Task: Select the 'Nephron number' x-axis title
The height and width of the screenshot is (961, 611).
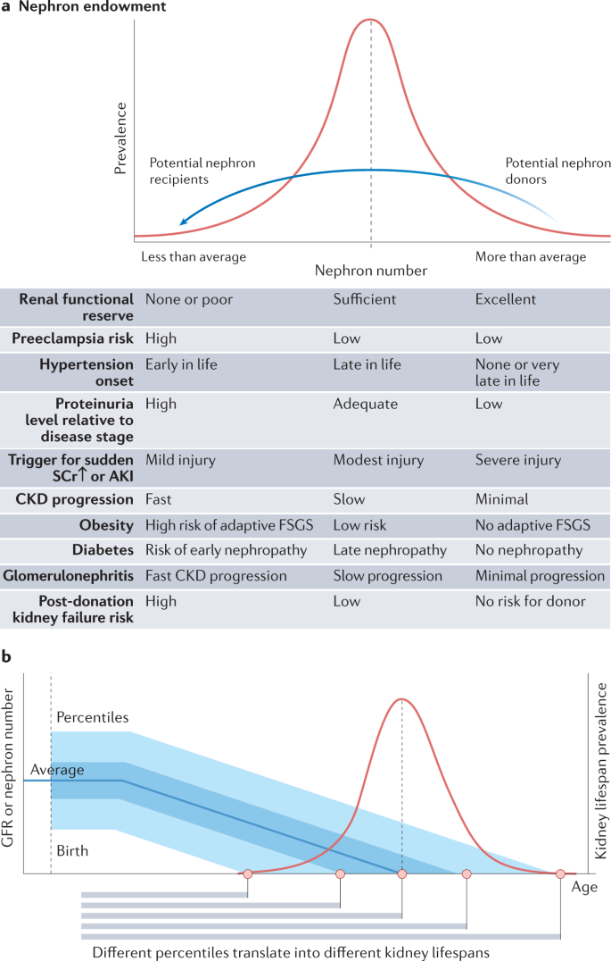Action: (371, 271)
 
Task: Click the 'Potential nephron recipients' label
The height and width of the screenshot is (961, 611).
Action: (202, 171)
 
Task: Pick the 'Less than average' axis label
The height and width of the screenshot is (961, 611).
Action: (194, 257)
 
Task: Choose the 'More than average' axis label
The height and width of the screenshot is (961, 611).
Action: (531, 257)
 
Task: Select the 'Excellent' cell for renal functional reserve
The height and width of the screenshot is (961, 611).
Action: (507, 300)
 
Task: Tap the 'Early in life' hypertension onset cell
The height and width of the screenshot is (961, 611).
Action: (181, 364)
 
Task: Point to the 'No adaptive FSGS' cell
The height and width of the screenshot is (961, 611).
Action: (533, 525)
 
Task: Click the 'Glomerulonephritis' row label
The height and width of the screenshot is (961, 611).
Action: (68, 576)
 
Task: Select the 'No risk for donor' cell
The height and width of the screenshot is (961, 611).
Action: (531, 601)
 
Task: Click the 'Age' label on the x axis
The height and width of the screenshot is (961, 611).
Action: (584, 887)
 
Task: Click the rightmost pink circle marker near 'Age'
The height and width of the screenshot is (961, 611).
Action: (560, 873)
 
